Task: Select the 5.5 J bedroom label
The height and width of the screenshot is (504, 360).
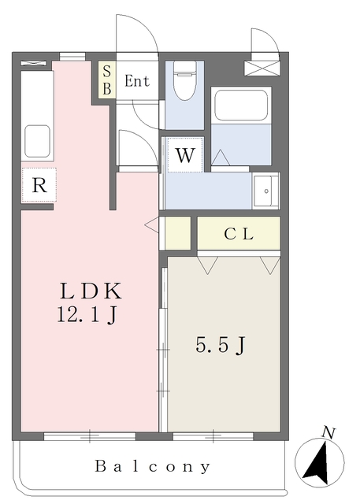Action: click(x=222, y=344)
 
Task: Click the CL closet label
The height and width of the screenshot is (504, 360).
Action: click(x=238, y=233)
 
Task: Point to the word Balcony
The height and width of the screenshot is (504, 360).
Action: click(x=153, y=466)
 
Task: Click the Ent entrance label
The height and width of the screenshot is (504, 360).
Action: click(x=136, y=80)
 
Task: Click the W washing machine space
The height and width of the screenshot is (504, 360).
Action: click(x=184, y=155)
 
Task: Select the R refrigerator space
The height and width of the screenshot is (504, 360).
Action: click(x=38, y=186)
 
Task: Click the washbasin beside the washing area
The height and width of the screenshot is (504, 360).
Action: click(x=266, y=191)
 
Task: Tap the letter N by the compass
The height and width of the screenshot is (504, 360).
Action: click(x=329, y=432)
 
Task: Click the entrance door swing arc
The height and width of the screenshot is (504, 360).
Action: click(x=132, y=31)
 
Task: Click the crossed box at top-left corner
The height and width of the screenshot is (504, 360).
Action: click(x=30, y=62)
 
